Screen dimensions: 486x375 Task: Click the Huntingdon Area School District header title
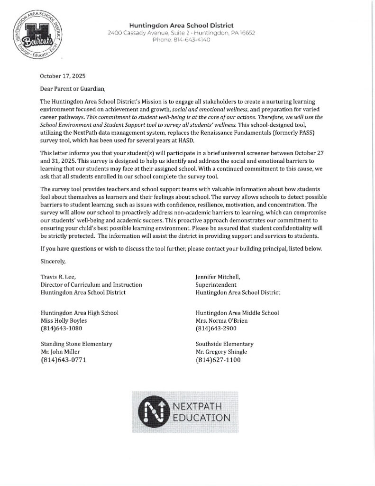182,25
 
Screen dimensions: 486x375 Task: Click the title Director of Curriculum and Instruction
91,285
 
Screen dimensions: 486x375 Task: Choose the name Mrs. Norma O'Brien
221,320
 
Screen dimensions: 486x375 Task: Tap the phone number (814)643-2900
216,328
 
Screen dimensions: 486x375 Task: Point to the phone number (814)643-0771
64,360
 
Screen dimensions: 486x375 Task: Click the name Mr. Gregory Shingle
222,352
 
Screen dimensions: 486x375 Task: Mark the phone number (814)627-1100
218,360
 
